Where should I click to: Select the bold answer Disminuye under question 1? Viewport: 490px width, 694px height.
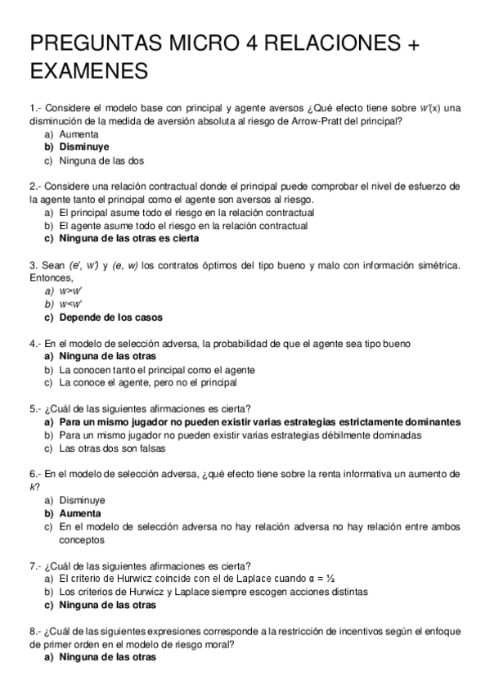click(x=84, y=146)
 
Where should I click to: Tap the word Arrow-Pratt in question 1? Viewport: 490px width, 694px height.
click(x=314, y=121)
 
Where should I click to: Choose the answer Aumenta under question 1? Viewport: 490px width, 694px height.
click(x=79, y=133)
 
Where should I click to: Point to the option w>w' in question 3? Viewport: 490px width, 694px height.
click(x=71, y=291)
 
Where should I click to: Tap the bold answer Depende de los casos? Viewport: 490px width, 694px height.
click(x=110, y=317)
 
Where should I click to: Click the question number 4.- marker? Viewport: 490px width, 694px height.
click(x=35, y=344)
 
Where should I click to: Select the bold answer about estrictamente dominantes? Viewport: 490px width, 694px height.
click(x=259, y=422)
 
